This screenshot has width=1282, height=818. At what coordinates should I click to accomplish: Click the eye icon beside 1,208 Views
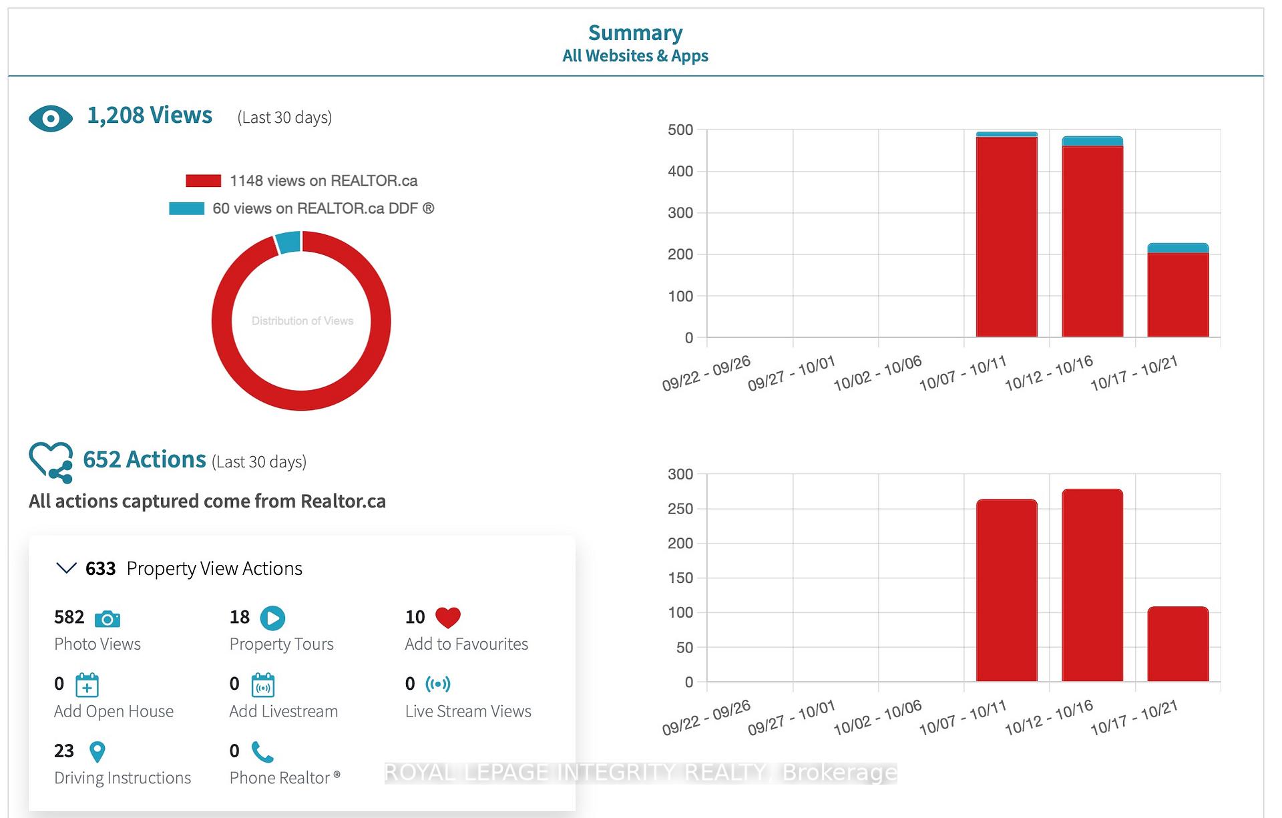tap(51, 119)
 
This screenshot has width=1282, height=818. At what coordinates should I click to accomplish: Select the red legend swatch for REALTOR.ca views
tap(203, 181)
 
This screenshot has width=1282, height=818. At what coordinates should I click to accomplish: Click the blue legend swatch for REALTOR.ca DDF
tap(186, 208)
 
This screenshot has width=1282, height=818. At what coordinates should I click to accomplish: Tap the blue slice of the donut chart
tap(288, 242)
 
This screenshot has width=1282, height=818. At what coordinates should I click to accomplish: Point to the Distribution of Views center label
tap(302, 321)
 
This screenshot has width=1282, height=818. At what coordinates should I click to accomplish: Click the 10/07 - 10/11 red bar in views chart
tap(1006, 237)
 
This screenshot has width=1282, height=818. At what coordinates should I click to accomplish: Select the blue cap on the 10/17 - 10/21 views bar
tap(1178, 248)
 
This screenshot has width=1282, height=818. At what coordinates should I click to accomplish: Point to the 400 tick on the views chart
tap(680, 172)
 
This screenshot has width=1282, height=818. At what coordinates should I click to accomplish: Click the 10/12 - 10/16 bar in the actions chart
tap(1092, 586)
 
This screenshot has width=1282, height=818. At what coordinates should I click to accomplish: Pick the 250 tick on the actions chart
tap(680, 509)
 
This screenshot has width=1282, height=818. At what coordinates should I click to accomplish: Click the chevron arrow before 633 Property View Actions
tap(66, 568)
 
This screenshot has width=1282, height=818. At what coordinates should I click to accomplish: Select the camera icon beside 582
tap(108, 619)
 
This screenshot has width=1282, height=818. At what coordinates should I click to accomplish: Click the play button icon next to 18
tap(272, 618)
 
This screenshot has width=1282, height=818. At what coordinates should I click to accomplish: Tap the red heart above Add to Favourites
tap(448, 618)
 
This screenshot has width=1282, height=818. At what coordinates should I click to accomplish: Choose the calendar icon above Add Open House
tap(87, 685)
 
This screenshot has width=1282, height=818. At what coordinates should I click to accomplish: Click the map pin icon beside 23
tap(97, 752)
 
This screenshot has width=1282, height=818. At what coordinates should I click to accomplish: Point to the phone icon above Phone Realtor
tap(262, 752)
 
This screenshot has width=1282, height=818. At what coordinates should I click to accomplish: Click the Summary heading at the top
tap(636, 33)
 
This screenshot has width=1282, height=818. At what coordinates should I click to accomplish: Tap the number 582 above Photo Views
tap(69, 617)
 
